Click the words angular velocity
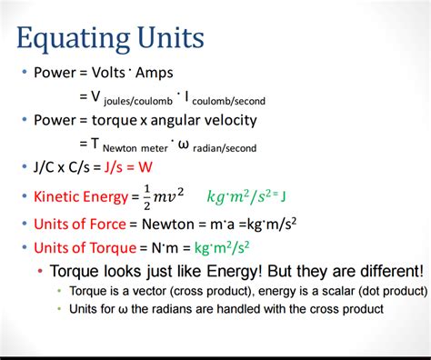(208, 120)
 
